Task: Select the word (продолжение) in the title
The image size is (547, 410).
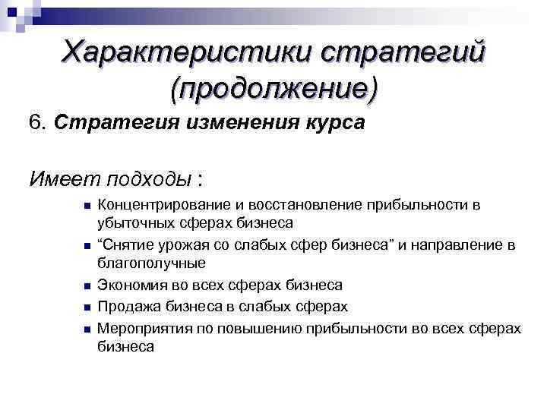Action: pos(273,89)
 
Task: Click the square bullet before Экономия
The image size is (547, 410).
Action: pos(87,286)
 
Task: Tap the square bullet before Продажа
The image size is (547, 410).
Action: pos(87,307)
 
